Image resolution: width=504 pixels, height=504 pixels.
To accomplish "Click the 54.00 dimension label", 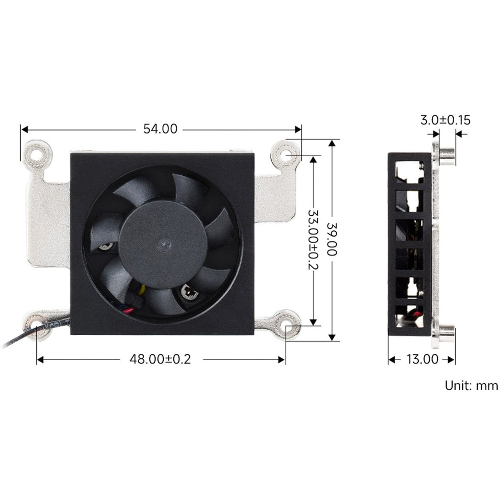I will (x=160, y=129).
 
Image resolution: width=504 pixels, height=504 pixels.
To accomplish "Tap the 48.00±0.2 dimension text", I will (x=160, y=359).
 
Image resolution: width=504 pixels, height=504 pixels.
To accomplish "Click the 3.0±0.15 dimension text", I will (x=445, y=120).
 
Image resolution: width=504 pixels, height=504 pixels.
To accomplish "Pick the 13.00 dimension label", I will (x=422, y=359).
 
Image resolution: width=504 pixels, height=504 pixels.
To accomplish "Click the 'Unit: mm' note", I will (x=471, y=386).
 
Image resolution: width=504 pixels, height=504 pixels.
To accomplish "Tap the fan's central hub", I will (x=162, y=245).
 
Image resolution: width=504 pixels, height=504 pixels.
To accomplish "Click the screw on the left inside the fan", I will (x=105, y=246).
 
